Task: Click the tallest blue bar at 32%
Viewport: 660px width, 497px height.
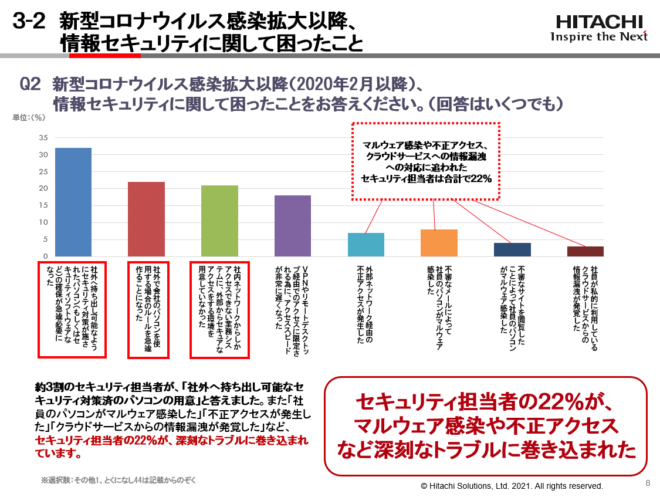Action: pos(73,202)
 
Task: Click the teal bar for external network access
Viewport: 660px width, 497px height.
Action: pos(366,245)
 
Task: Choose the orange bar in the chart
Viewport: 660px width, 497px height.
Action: pos(439,243)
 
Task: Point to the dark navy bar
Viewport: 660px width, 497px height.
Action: pos(512,249)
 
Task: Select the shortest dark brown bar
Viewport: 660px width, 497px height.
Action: pos(585,251)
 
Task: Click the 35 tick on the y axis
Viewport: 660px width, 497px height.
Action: pos(43,138)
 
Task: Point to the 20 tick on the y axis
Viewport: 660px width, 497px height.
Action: pos(43,188)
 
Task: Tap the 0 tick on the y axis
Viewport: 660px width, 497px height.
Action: pos(46,256)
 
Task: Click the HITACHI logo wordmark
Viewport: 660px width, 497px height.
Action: pos(599,22)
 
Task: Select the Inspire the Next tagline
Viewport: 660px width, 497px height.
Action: pos(598,37)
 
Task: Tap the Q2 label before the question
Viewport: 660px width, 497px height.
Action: pos(31,84)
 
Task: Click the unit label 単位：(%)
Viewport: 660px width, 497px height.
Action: pos(29,117)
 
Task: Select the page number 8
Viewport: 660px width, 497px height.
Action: pos(648,483)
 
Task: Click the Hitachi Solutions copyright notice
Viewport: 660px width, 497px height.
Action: pos(512,486)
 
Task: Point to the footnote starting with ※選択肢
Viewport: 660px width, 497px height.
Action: pos(118,479)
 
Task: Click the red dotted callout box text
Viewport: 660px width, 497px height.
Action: pos(426,162)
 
